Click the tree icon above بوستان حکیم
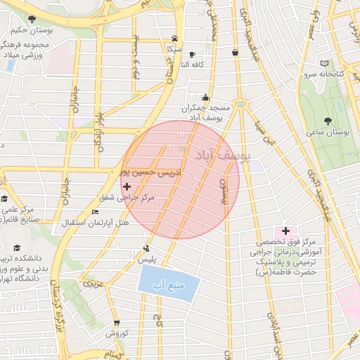[x=30, y=19]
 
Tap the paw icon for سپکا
[x=174, y=39]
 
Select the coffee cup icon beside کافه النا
[x=193, y=54]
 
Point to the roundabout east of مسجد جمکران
[x=241, y=104]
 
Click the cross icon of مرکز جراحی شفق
[x=127, y=186]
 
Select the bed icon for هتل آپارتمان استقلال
[x=96, y=212]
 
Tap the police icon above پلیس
[x=146, y=247]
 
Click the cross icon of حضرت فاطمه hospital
[x=285, y=231]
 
